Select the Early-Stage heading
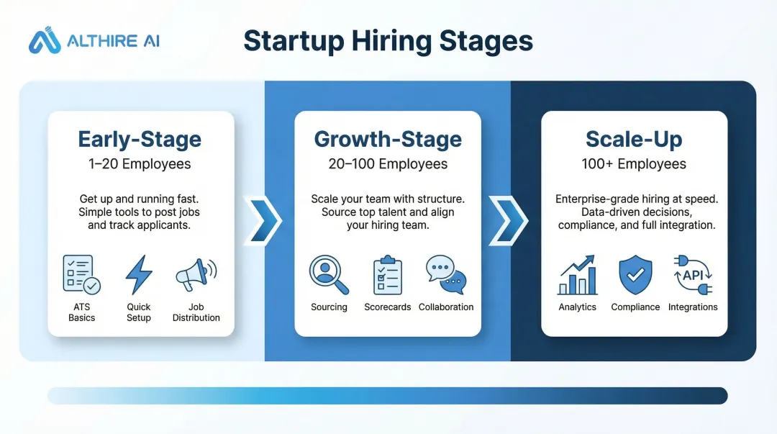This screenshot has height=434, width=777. click(x=140, y=139)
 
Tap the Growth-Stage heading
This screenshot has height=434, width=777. click(x=388, y=139)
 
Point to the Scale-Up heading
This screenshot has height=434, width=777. click(x=634, y=139)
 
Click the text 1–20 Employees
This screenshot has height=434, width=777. click(x=140, y=164)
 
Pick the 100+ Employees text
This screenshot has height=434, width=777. click(x=634, y=164)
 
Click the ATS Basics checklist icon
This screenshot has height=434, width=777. click(x=81, y=275)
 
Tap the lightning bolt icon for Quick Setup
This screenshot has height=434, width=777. click(x=139, y=275)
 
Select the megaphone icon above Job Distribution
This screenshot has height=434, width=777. click(x=195, y=275)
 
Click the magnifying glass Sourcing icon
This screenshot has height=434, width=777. click(x=329, y=275)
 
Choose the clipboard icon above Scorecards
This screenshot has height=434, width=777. click(x=388, y=275)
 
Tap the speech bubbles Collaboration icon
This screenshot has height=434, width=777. click(x=446, y=275)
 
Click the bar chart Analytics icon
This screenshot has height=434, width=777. click(x=577, y=275)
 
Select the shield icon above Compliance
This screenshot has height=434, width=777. click(x=635, y=275)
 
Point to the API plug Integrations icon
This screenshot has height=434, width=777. click(x=692, y=275)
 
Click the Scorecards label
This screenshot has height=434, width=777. click(x=388, y=307)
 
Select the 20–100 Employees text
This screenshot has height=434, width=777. click(x=388, y=164)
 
